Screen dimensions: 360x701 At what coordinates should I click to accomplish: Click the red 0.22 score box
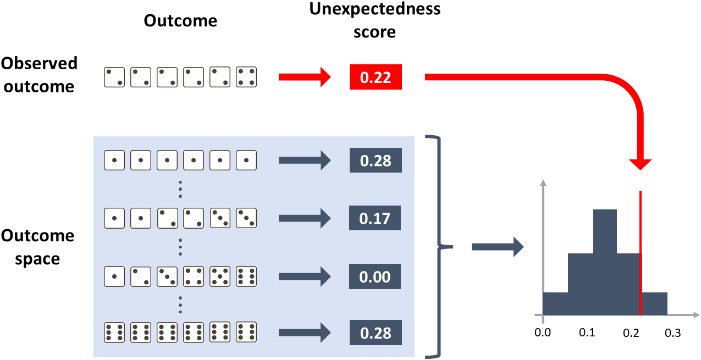(376, 77)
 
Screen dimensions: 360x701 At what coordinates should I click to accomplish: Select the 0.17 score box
(375, 218)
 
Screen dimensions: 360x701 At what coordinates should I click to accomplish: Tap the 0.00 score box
(375, 276)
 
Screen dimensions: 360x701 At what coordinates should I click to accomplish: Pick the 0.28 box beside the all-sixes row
(376, 333)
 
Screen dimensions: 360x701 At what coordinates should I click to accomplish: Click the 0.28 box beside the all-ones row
(376, 160)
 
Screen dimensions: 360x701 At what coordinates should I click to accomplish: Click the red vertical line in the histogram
(641, 253)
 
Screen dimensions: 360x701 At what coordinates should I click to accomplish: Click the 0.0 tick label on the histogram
(543, 333)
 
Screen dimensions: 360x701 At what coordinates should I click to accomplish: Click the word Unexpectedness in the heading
(375, 10)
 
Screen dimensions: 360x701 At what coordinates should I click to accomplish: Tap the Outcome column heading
(180, 21)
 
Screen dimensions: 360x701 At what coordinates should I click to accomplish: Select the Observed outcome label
(38, 75)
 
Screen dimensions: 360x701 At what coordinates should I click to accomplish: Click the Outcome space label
(37, 247)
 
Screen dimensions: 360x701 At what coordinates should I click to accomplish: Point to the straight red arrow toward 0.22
(304, 77)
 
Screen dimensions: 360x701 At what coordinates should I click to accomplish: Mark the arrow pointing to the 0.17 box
(304, 218)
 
